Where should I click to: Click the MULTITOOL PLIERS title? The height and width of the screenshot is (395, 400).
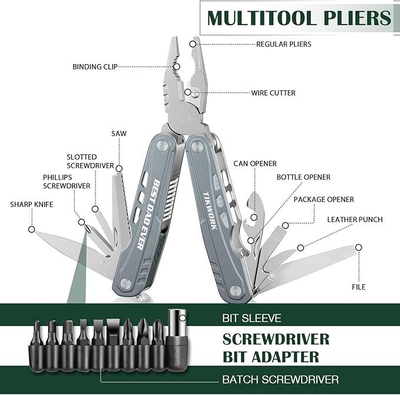299,18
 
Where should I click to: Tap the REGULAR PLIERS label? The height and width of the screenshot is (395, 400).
283,44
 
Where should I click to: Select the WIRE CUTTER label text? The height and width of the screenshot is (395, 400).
273,93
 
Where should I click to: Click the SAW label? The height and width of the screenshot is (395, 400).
119,134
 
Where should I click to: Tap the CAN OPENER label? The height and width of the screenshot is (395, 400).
254,164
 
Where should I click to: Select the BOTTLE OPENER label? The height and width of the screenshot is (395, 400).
303,177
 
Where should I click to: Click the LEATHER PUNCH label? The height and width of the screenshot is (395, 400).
355,220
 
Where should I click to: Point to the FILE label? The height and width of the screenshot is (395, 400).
359,287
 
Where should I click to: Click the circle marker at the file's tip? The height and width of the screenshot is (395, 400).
359,247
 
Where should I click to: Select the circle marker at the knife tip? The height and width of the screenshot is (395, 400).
31,229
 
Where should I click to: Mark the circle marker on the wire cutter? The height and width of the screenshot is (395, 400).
187,92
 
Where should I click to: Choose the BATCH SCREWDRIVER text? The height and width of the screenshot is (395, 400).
280,379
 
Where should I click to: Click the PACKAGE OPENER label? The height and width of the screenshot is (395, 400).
323,200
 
